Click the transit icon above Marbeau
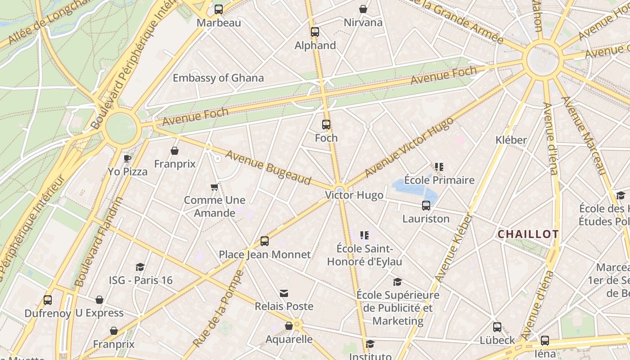[219, 9]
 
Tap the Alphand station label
[315, 45]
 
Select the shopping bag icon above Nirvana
[363, 9]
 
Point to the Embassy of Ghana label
[218, 78]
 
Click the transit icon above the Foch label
[326, 125]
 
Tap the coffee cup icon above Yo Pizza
[127, 158]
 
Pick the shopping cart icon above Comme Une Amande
[215, 187]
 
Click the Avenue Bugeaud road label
[268, 168]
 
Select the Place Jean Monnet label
[265, 255]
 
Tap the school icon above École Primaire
[439, 167]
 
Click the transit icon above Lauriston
[426, 206]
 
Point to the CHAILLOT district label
[528, 234]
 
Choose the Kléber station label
[511, 140]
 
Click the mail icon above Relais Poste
[284, 293]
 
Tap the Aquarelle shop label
[289, 339]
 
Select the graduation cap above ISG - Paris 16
[140, 267]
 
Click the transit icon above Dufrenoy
[48, 300]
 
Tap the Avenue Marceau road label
[584, 135]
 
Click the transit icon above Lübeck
[497, 327]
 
